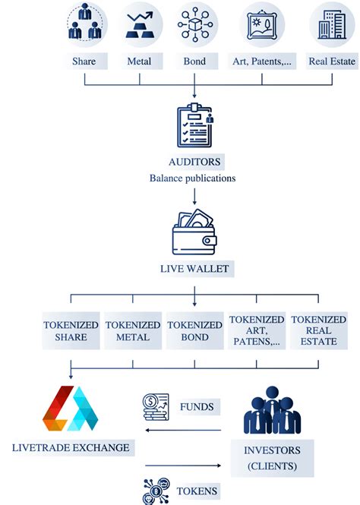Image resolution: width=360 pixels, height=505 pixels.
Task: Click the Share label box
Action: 85,61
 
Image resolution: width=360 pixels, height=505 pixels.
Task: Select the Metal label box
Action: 141,61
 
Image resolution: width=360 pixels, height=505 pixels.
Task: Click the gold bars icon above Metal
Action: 141,23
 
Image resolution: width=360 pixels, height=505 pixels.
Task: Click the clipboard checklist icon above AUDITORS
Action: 194,126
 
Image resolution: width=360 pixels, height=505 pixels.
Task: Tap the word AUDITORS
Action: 195,163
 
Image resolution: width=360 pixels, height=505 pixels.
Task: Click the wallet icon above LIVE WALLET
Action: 194,232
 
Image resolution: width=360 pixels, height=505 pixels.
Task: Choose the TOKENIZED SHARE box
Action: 71,330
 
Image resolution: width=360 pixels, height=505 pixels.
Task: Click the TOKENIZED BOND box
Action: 195,330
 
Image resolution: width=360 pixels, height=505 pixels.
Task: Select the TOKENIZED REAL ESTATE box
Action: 318,330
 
